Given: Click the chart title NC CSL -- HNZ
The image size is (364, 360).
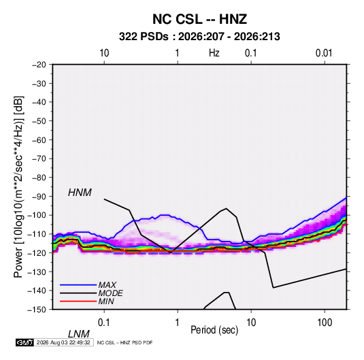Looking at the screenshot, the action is click(x=199, y=19).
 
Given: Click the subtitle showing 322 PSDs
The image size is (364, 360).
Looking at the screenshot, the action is click(x=199, y=37).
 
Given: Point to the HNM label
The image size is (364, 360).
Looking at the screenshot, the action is click(x=80, y=193).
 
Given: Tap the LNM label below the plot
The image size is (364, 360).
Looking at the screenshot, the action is click(x=79, y=334).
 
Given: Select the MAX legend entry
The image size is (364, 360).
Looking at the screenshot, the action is click(x=107, y=285).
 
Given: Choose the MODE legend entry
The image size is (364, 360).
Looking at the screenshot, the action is click(x=110, y=293).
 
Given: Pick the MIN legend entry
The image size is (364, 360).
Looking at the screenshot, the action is click(x=106, y=301).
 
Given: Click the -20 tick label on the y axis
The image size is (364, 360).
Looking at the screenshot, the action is click(x=39, y=65).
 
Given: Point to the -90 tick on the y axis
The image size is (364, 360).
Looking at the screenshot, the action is click(x=39, y=197).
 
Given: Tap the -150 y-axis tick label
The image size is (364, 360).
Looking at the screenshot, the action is click(x=37, y=310).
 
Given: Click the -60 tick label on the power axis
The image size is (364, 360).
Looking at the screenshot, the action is click(x=39, y=140).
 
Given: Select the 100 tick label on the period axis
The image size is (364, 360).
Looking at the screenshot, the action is click(x=325, y=323).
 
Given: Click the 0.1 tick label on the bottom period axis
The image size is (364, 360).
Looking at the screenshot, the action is click(x=104, y=323).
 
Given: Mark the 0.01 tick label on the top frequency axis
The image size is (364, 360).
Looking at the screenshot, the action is click(x=324, y=53).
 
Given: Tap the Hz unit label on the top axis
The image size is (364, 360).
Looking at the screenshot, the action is click(x=214, y=53).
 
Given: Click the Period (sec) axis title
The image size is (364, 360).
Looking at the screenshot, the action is click(x=214, y=330).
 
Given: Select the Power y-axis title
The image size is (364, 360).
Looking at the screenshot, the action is click(x=18, y=187).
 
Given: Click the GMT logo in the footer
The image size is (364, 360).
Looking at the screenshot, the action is click(x=24, y=342).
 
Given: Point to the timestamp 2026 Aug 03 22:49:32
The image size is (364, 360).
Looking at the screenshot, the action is click(x=63, y=342).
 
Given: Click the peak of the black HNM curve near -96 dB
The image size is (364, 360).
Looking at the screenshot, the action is click(x=226, y=208).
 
